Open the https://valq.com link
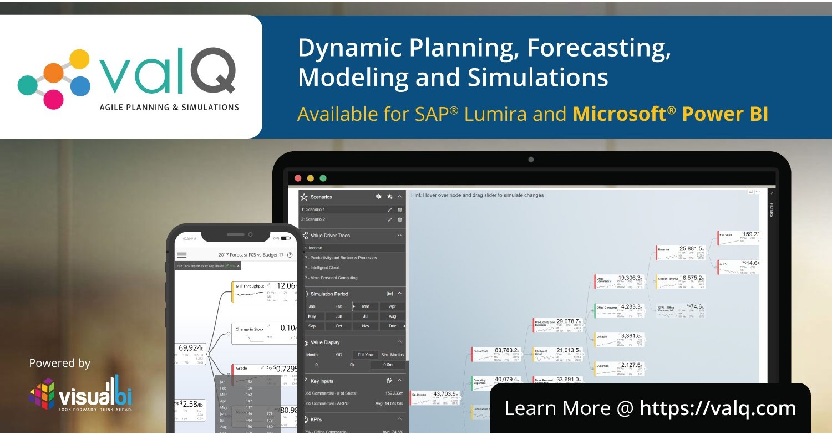[718, 408]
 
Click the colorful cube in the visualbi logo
[42, 393]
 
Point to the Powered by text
[59, 364]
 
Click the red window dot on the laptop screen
[298, 178]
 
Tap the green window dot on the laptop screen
[323, 178]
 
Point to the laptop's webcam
[531, 160]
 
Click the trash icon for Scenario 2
[400, 219]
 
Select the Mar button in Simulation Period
[366, 306]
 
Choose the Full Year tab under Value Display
[366, 355]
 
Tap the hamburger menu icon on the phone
[181, 255]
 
